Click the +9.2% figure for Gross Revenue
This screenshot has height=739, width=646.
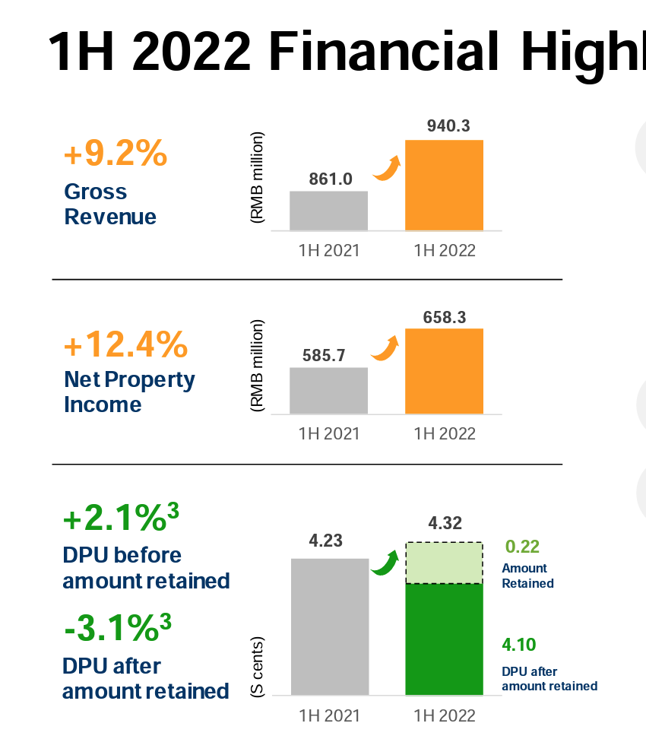click(116, 154)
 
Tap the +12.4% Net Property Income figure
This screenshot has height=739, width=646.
click(125, 345)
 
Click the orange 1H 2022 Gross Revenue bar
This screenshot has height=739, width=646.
click(444, 186)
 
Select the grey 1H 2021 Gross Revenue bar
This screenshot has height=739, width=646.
click(328, 211)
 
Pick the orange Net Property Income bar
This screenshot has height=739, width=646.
click(444, 371)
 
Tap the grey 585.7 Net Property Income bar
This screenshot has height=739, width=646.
click(328, 391)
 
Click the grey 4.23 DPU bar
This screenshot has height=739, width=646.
click(329, 626)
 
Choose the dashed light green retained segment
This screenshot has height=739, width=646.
click(444, 563)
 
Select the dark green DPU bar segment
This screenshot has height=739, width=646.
click(444, 639)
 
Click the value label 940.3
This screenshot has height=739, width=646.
click(444, 126)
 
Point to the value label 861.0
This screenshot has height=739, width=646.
click(331, 179)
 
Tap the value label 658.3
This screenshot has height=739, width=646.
click(444, 316)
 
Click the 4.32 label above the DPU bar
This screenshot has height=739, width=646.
click(445, 523)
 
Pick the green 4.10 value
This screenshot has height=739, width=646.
click(519, 645)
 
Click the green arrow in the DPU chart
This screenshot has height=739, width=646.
click(385, 563)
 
